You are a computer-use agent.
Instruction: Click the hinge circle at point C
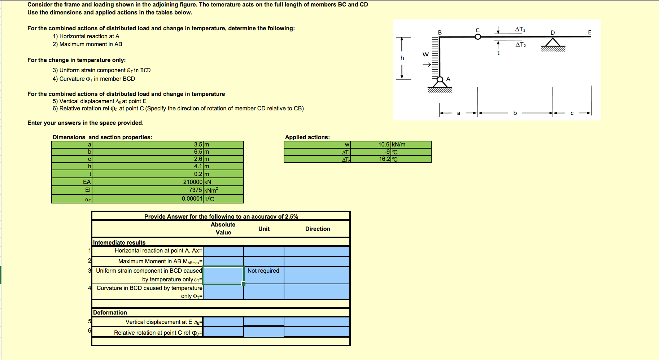pyautogui.click(x=478, y=36)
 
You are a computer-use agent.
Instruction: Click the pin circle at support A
pyautogui.click(x=440, y=79)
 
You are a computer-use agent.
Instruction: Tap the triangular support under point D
pyautogui.click(x=553, y=43)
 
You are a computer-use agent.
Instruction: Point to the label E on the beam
pyautogui.click(x=589, y=32)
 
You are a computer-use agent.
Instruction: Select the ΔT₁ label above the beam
pyautogui.click(x=520, y=30)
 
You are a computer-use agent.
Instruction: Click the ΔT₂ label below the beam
pyautogui.click(x=520, y=45)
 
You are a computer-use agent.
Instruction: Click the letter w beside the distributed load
pyautogui.click(x=425, y=54)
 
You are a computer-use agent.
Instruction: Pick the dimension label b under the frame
pyautogui.click(x=515, y=113)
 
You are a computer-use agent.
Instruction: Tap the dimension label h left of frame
pyautogui.click(x=402, y=58)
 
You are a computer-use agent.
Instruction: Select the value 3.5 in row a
pyautogui.click(x=198, y=144)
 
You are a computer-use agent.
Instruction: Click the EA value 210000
pyautogui.click(x=193, y=182)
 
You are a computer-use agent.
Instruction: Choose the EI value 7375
pyautogui.click(x=195, y=190)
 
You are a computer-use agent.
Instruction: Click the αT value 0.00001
pyautogui.click(x=192, y=198)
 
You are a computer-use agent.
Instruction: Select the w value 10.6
pyautogui.click(x=384, y=144)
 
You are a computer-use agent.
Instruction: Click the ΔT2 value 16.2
pyautogui.click(x=384, y=159)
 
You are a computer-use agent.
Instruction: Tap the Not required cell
pyautogui.click(x=263, y=271)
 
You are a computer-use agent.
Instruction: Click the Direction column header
pyautogui.click(x=317, y=229)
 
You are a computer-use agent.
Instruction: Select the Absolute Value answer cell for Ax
pyautogui.click(x=223, y=251)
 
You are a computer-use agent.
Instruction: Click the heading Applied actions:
pyautogui.click(x=307, y=137)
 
